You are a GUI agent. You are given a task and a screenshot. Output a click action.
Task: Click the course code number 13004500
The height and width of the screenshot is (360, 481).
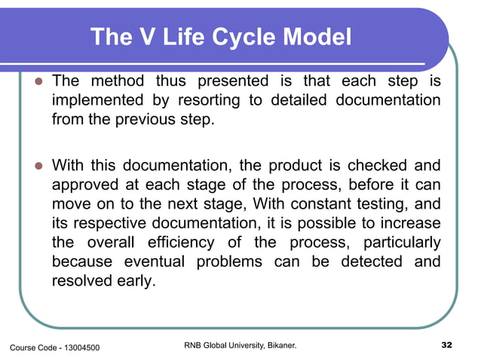[x=78, y=347]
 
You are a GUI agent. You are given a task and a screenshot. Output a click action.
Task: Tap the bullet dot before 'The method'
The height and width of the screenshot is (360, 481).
[x=36, y=81]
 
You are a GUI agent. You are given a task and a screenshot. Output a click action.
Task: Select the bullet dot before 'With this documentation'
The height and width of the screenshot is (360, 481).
[x=36, y=166]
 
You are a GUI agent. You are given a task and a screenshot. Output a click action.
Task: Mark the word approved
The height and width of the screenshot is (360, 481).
[x=85, y=185]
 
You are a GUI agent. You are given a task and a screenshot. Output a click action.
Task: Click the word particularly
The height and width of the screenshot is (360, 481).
[x=402, y=243]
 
